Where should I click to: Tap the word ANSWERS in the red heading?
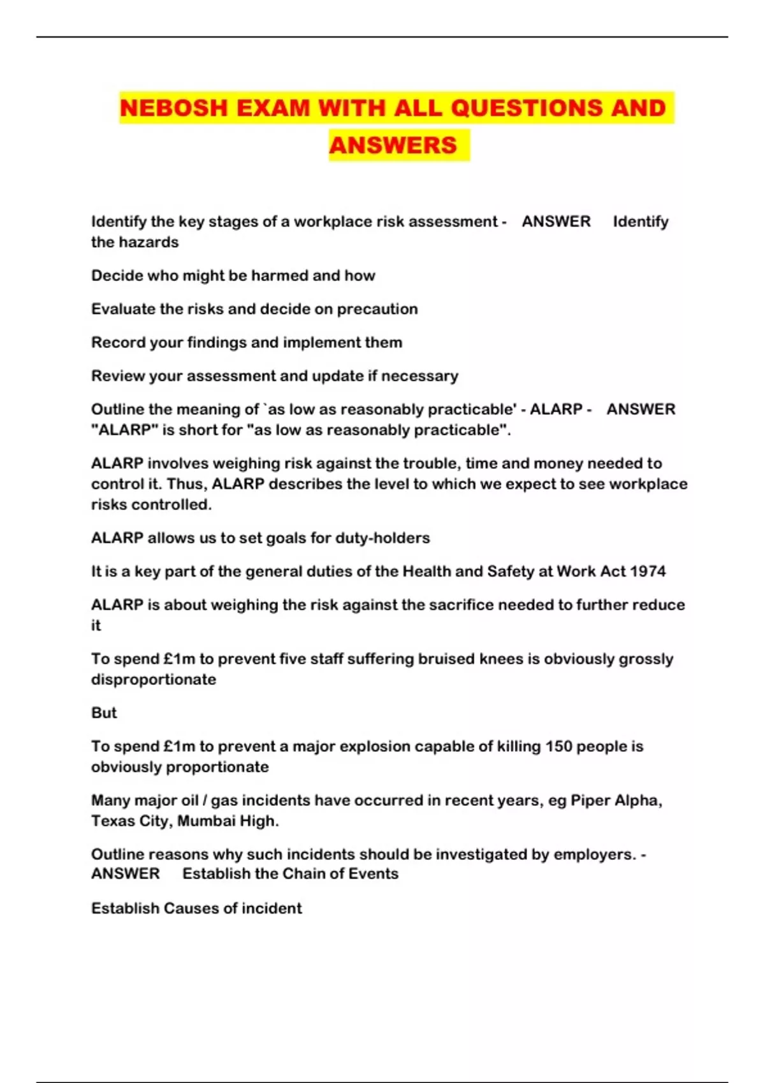(x=393, y=145)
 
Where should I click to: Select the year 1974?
(x=648, y=571)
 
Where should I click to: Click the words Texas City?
(x=130, y=821)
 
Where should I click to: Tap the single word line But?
(x=104, y=713)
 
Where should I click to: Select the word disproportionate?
(x=154, y=679)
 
